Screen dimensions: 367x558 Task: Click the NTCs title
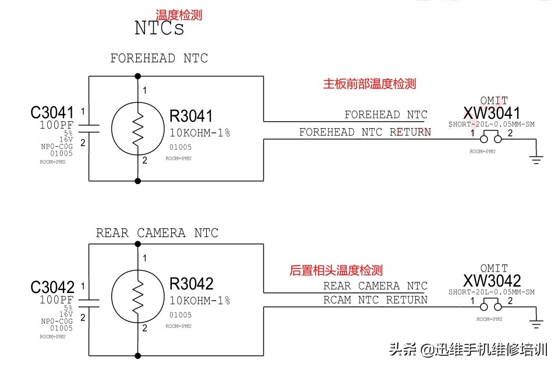[x=159, y=28]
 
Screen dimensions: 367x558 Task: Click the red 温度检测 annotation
[x=179, y=15]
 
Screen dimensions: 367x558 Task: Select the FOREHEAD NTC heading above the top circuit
[x=159, y=58]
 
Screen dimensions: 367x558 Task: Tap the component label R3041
[x=191, y=116]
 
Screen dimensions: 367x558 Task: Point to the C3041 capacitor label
[x=52, y=112]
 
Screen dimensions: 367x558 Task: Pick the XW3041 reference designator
[x=492, y=113]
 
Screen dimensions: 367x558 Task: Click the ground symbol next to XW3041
[x=536, y=158]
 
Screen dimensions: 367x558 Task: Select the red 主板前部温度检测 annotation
[x=370, y=84]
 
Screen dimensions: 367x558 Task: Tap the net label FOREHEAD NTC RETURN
[x=365, y=132]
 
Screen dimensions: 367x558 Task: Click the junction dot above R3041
[x=138, y=76]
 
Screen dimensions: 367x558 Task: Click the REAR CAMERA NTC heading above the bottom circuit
[x=157, y=233]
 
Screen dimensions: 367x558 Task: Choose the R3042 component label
[x=192, y=284]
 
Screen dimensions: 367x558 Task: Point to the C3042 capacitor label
[x=52, y=287]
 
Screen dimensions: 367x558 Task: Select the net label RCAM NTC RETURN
[x=375, y=300]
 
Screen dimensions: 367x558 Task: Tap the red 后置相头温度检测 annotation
[x=336, y=270]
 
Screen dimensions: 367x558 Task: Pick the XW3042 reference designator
[x=492, y=281]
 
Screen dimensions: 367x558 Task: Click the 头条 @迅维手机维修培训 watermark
[x=468, y=350]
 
